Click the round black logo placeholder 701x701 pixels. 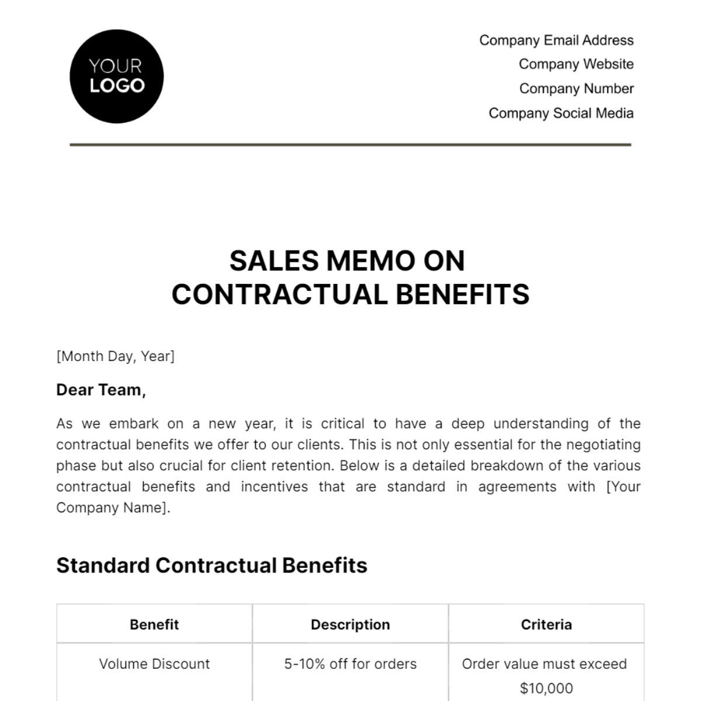[x=116, y=77]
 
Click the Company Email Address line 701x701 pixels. [x=556, y=40]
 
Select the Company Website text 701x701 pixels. [x=576, y=64]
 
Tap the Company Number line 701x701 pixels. [x=576, y=89]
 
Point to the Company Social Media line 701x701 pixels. [x=561, y=113]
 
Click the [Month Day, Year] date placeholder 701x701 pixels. [x=115, y=356]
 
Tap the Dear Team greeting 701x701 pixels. [x=100, y=390]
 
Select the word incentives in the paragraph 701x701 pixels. [x=274, y=487]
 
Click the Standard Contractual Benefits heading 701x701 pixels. [x=211, y=565]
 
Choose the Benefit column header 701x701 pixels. [x=154, y=624]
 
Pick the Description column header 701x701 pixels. [x=350, y=624]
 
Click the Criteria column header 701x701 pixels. [x=546, y=624]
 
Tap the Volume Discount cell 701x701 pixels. [x=154, y=664]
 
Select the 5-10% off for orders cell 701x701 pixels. [x=350, y=664]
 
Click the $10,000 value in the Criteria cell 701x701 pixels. [x=546, y=688]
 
